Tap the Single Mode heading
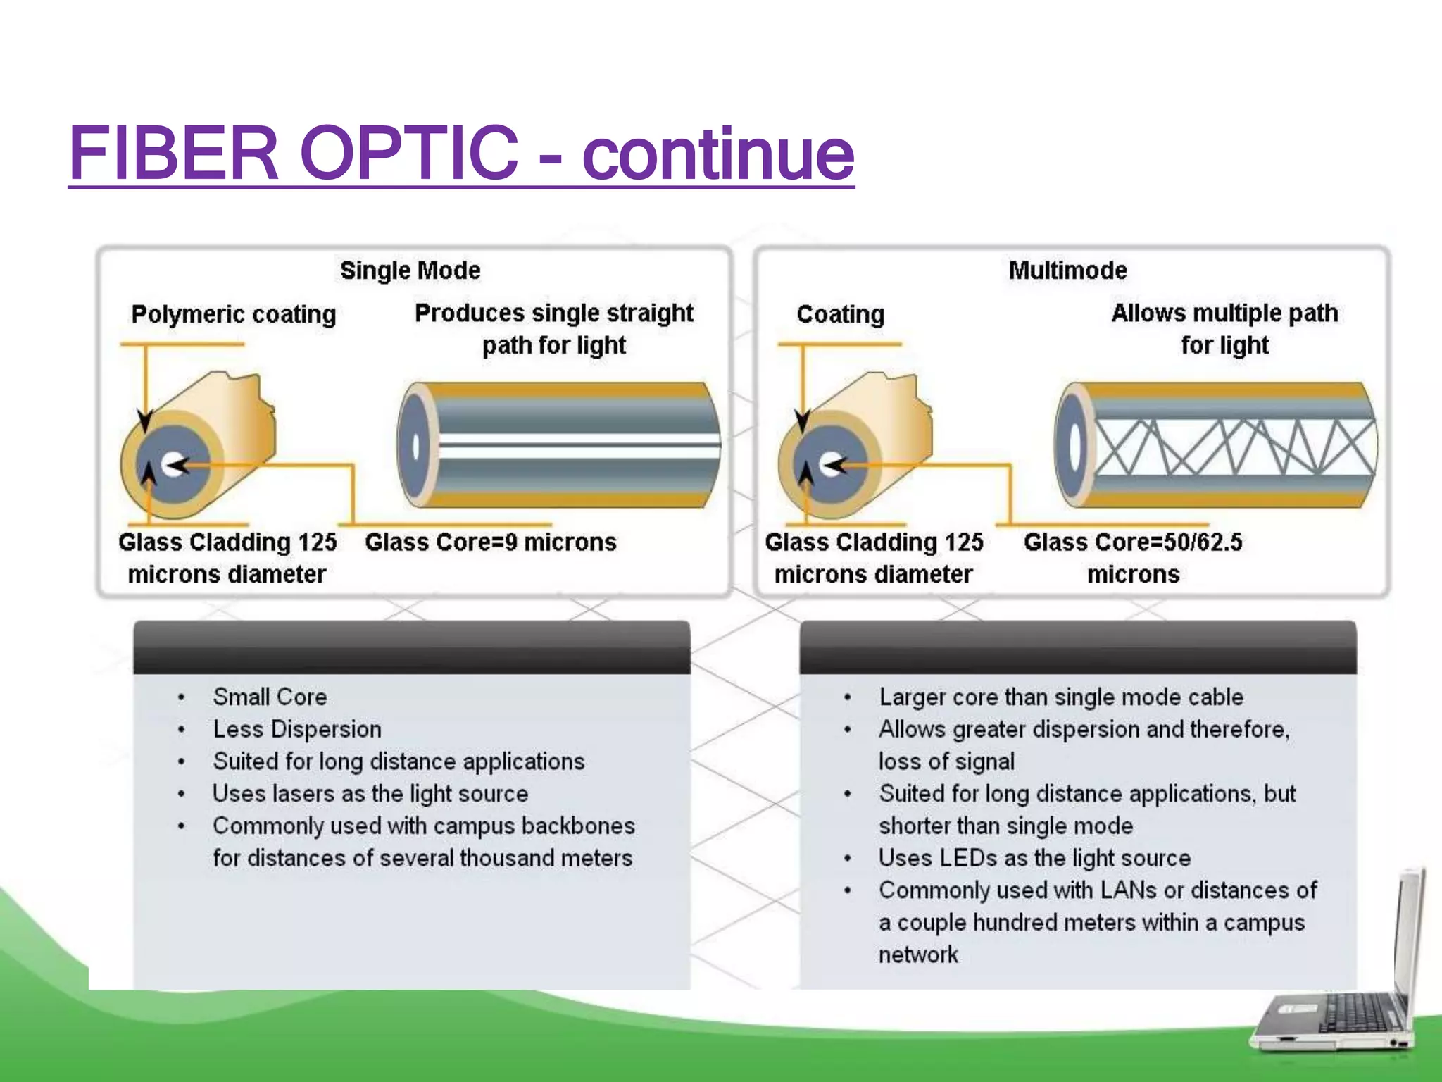click(410, 270)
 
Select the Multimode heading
click(1067, 270)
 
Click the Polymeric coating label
click(233, 314)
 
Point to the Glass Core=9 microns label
click(491, 542)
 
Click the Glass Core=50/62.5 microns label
click(1133, 558)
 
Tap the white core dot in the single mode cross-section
click(171, 465)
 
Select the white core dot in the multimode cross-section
click(829, 464)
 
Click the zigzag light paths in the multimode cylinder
click(1232, 447)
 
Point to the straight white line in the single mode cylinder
click(577, 445)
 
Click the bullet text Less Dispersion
click(296, 729)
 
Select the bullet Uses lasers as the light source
click(370, 794)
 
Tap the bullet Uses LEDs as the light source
click(1034, 858)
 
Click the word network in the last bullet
click(917, 954)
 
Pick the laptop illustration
click(1338, 986)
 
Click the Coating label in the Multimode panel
click(840, 314)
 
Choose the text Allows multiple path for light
click(1224, 329)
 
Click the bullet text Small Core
click(270, 697)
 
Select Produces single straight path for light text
click(553, 329)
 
